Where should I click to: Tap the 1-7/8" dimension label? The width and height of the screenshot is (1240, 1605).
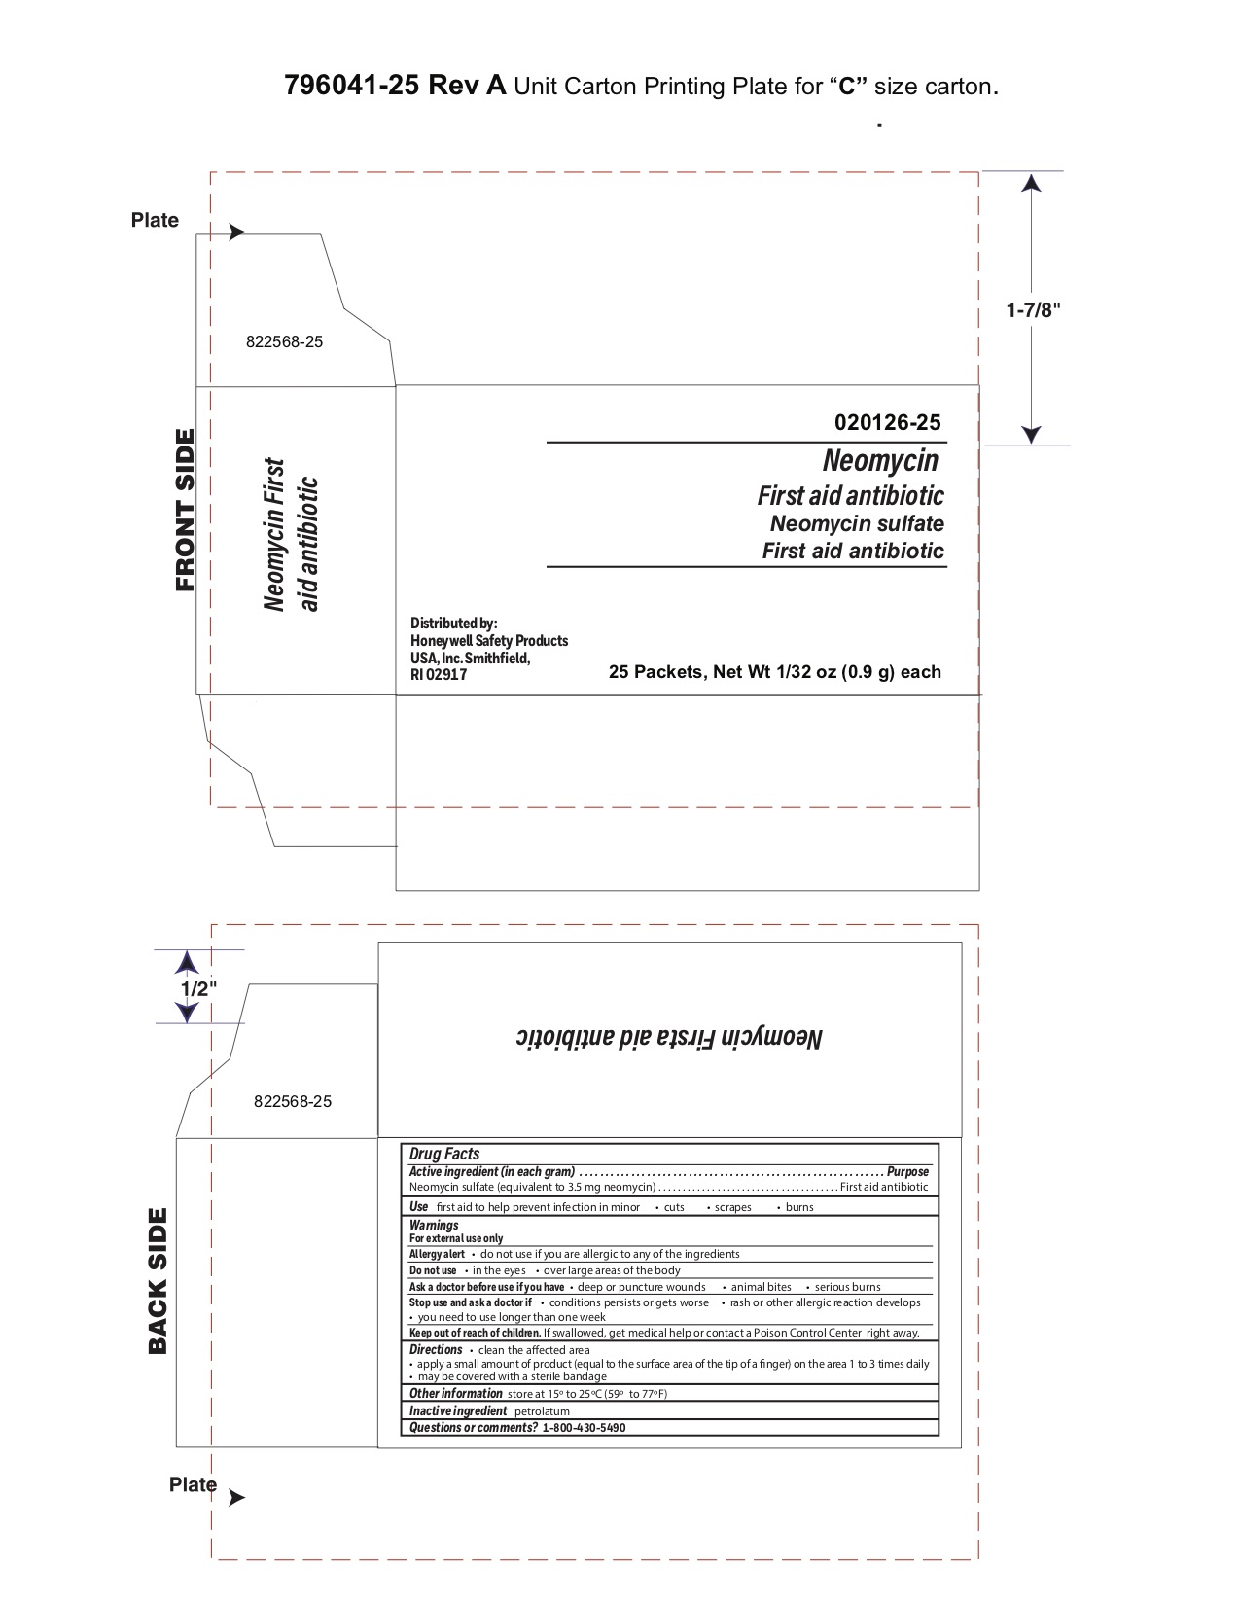1033,310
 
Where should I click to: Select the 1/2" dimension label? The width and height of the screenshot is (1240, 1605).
198,988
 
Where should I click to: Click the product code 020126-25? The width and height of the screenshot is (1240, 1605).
887,422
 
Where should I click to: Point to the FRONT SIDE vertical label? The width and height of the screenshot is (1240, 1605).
185,510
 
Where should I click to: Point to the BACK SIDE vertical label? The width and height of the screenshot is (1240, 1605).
158,1280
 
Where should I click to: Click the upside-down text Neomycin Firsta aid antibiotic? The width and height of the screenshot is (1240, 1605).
669,1037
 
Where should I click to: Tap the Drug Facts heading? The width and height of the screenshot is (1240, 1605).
444,1154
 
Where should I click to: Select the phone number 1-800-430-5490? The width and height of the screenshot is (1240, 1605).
584,1428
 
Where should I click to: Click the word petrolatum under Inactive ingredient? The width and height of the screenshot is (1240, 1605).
542,1411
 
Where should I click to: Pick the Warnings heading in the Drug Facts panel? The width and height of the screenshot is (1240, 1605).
434,1225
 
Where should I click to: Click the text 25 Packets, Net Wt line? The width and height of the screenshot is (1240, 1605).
774,672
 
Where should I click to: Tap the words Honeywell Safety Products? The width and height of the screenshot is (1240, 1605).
489,641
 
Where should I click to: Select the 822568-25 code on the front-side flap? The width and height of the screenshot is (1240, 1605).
284,342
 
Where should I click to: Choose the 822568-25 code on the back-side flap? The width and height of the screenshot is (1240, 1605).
292,1101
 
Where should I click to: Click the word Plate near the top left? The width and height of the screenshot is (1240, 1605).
155,220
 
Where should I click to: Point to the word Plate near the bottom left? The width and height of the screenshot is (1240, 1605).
193,1484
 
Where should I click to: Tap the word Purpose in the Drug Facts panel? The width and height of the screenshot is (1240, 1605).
907,1172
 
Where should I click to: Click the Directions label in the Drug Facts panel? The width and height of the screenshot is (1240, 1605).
436,1350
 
